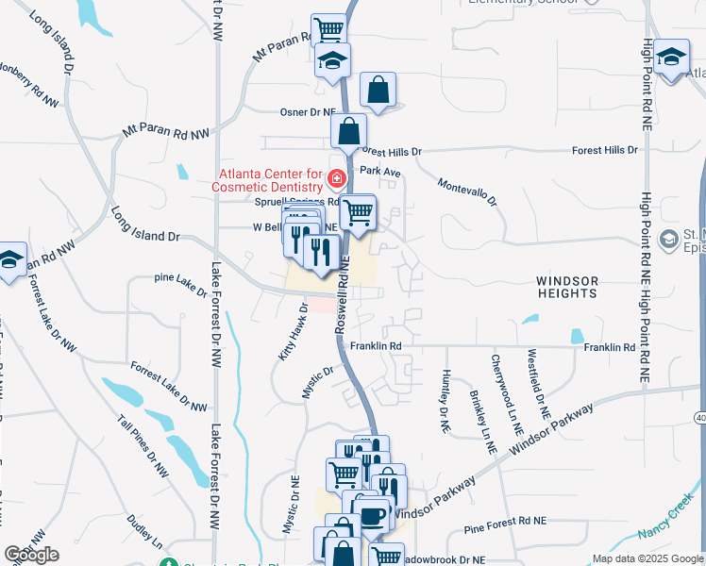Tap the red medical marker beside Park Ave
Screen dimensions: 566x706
point(335,177)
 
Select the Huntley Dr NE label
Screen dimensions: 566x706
point(445,401)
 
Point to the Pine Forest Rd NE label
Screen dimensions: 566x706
point(505,520)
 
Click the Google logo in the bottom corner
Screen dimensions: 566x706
point(31,555)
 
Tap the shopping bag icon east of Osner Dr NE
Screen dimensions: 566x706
point(378,91)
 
